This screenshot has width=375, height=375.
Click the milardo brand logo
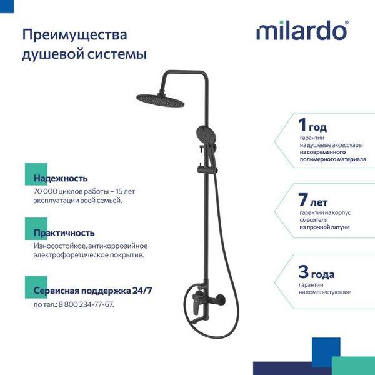(302, 31)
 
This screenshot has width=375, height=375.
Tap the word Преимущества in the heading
(74, 35)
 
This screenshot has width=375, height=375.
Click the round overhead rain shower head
(161, 100)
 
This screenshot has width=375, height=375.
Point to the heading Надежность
(61, 178)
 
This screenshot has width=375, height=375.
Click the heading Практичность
(64, 233)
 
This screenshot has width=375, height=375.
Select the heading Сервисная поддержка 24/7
(92, 291)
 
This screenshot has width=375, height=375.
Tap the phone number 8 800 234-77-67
(86, 305)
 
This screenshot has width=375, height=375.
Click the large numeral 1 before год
(302, 124)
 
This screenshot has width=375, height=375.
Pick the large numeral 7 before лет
(302, 200)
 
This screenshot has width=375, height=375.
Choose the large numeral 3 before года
(303, 272)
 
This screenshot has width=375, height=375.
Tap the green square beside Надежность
(36, 174)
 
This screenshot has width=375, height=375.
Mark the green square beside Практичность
(36, 229)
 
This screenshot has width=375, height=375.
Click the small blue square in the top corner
(7, 6)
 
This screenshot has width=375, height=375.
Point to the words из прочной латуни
(324, 227)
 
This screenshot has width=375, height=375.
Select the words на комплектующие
(324, 292)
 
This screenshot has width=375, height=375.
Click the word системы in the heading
(117, 54)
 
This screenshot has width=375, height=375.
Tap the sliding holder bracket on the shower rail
(207, 169)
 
